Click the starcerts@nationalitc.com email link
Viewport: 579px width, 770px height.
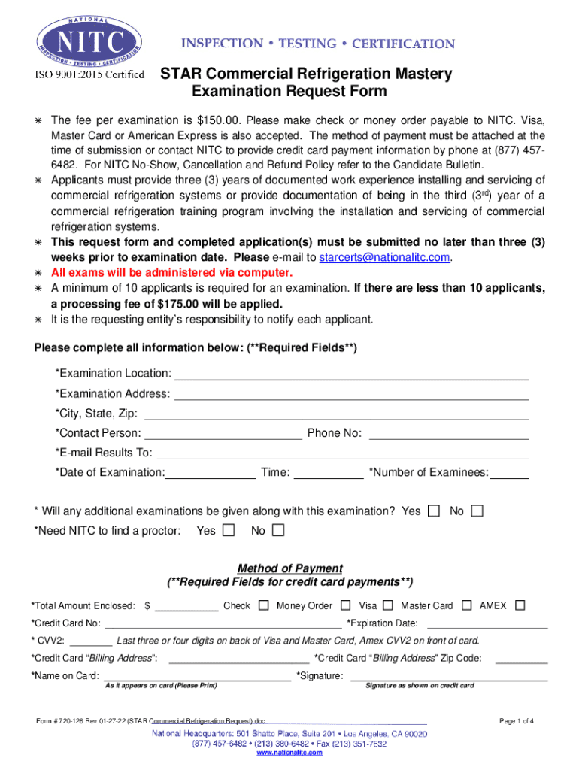(x=385, y=257)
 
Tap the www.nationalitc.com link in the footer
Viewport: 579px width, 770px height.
(x=289, y=753)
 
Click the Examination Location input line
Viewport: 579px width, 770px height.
(x=351, y=374)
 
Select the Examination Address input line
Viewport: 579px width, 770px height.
(x=350, y=393)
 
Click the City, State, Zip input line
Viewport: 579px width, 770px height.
(x=336, y=413)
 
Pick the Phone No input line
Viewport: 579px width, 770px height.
(x=449, y=433)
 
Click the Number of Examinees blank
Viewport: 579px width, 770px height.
(x=511, y=472)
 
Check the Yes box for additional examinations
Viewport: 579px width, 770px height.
(x=434, y=511)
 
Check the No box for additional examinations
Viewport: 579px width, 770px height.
(x=477, y=511)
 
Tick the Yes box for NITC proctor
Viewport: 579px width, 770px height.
(x=229, y=531)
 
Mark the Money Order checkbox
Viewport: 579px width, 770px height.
(x=345, y=605)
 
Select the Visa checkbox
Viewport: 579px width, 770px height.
(x=388, y=605)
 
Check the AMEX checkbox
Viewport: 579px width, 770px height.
(x=520, y=605)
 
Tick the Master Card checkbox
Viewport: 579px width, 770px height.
(x=467, y=605)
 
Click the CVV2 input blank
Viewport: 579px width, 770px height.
(x=91, y=641)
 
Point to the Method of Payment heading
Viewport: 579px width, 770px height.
(x=290, y=568)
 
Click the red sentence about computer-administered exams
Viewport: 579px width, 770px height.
(x=171, y=272)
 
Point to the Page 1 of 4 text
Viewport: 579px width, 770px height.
(x=517, y=721)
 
